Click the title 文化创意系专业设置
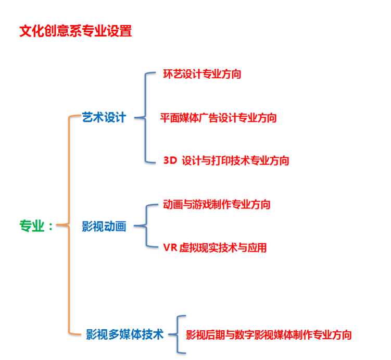click(x=75, y=31)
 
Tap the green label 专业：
click(x=36, y=226)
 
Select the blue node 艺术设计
click(x=104, y=117)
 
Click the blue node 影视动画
click(x=104, y=227)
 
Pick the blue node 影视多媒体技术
click(x=125, y=334)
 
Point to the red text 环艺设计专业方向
click(x=202, y=74)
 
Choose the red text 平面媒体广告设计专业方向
click(x=218, y=118)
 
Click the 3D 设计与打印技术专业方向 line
click(x=226, y=160)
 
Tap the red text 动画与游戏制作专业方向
click(x=217, y=204)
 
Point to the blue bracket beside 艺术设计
click(x=144, y=117)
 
